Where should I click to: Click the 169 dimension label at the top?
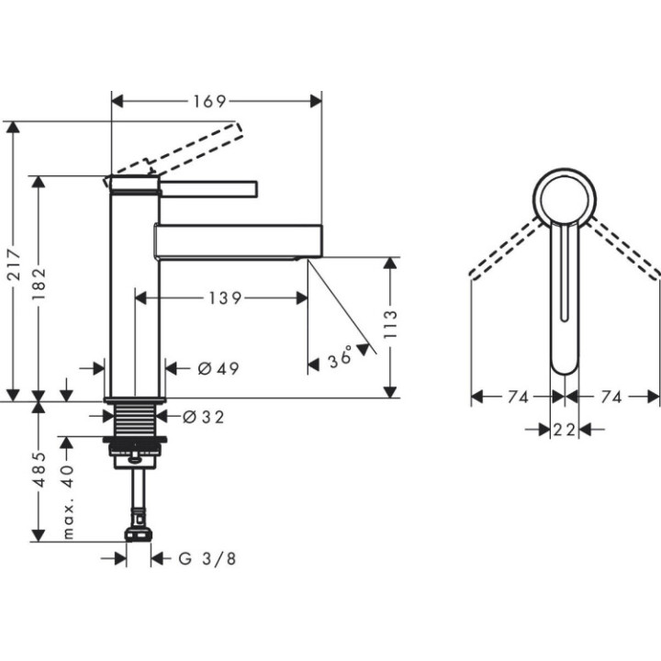(210, 100)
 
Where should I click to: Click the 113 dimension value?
(390, 326)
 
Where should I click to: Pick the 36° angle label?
(341, 358)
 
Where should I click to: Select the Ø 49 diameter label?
(218, 368)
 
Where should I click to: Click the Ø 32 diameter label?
(203, 416)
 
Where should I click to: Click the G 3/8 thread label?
(197, 557)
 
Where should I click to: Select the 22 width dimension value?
(564, 429)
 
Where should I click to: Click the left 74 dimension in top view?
(517, 397)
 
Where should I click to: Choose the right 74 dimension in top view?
(611, 397)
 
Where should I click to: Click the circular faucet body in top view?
(565, 197)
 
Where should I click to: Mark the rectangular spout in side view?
(239, 240)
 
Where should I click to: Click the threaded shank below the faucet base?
(134, 422)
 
